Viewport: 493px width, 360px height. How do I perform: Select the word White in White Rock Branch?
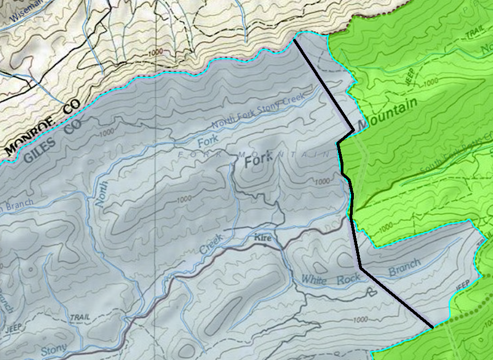click(314, 280)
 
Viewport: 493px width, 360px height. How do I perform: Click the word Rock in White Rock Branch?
click(349, 279)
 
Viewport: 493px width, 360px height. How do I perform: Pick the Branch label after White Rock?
click(404, 267)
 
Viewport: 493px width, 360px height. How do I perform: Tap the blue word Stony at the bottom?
click(53, 348)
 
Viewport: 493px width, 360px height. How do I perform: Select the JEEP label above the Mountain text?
click(410, 77)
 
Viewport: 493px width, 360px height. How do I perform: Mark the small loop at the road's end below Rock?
click(374, 292)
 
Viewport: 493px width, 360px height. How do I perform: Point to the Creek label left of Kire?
click(211, 244)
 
